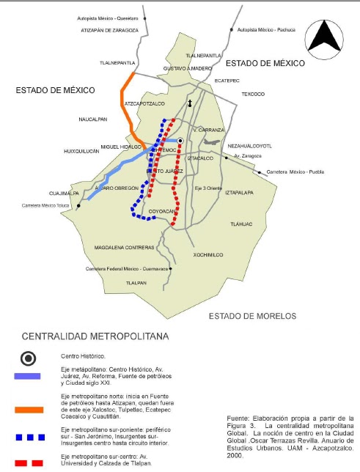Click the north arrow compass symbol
pos(328,37)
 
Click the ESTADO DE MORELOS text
pos(252,316)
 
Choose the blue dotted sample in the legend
pos(29,438)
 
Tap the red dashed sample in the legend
pos(29,462)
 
